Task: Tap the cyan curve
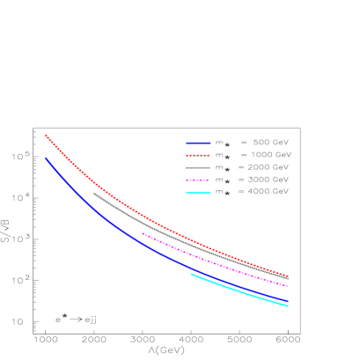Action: click(238, 291)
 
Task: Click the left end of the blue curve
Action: click(46, 158)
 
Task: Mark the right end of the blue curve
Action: click(288, 302)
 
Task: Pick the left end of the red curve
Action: click(46, 136)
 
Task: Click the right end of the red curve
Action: click(288, 276)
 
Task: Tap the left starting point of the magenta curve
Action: click(143, 233)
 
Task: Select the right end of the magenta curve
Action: click(288, 286)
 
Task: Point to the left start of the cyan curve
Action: click(191, 274)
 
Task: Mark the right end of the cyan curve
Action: click(288, 306)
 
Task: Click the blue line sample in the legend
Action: click(198, 143)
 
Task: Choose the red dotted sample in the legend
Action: click(198, 155)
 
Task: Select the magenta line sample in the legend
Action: click(198, 180)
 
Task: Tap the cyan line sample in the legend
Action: click(198, 192)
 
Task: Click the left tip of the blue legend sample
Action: click(187, 143)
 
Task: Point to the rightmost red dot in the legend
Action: click(209, 155)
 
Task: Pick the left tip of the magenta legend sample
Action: click(187, 180)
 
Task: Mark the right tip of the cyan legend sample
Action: click(210, 192)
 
